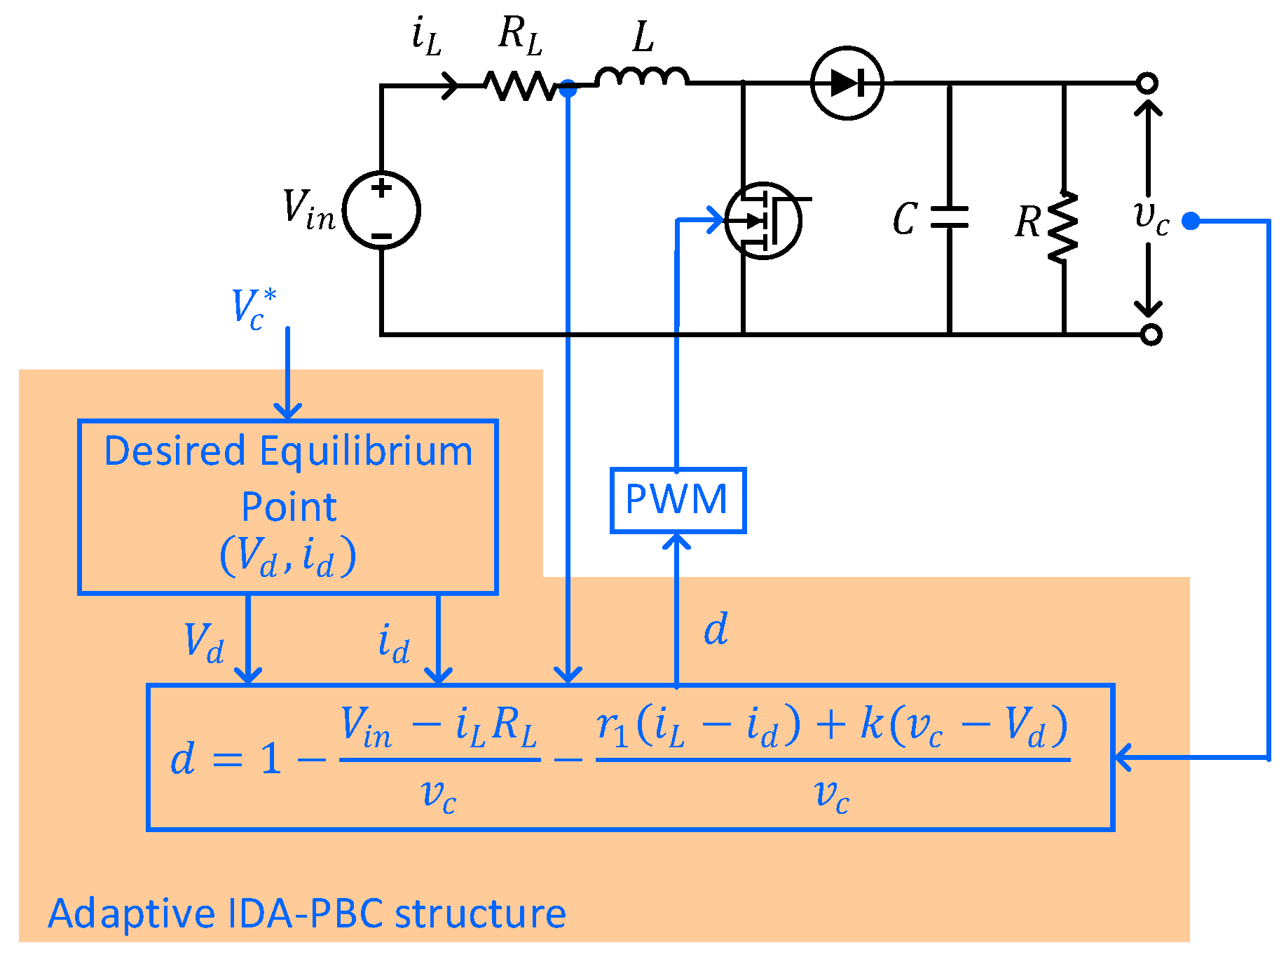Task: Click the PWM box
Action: click(678, 500)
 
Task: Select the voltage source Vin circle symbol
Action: click(382, 210)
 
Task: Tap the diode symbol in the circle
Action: click(847, 83)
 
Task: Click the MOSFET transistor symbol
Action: click(763, 221)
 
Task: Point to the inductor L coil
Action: click(642, 76)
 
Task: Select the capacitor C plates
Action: click(950, 217)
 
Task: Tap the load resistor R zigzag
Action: click(1063, 228)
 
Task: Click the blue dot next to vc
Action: click(1190, 221)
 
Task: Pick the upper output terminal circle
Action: click(1147, 83)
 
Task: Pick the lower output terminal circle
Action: click(1151, 334)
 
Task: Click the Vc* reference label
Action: click(253, 308)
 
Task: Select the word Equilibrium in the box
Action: click(366, 451)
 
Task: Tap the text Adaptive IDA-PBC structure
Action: click(306, 913)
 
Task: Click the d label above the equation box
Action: click(716, 629)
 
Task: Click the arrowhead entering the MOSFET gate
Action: click(716, 219)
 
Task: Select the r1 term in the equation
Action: click(612, 726)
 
